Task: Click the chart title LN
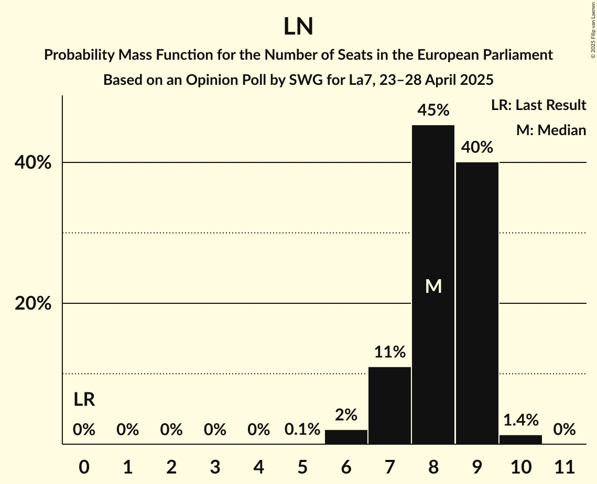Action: (x=298, y=27)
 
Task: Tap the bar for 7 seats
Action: (x=389, y=405)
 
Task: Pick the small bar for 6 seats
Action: (x=346, y=437)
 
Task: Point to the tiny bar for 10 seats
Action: (x=520, y=439)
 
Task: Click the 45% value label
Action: (x=433, y=111)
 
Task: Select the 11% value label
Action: (x=389, y=353)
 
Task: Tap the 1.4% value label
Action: (x=520, y=420)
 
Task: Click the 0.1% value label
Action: (x=302, y=430)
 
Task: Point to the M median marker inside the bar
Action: (x=433, y=286)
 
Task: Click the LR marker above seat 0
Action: (x=84, y=400)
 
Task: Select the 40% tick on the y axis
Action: (x=33, y=163)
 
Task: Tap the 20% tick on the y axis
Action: (x=33, y=304)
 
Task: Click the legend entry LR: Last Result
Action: (x=538, y=105)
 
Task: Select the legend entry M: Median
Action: (x=551, y=130)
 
